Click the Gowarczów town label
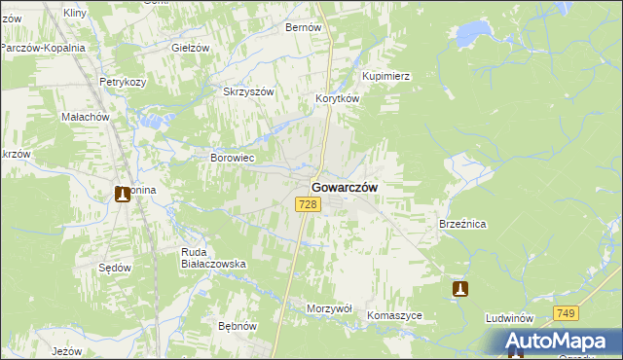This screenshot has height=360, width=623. [x=345, y=187]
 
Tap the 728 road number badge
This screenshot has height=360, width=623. [x=309, y=203]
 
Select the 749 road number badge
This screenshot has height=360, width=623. [x=567, y=313]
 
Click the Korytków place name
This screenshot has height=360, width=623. [x=338, y=99]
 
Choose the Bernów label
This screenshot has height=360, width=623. [x=303, y=28]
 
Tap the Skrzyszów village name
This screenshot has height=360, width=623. [x=249, y=91]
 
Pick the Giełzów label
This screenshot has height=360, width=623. [x=191, y=48]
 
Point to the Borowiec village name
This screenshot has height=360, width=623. [x=233, y=157]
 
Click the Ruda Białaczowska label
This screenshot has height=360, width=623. [x=213, y=257]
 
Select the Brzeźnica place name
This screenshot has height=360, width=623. [x=462, y=224]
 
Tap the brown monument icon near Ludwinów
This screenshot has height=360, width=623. [x=460, y=288]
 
